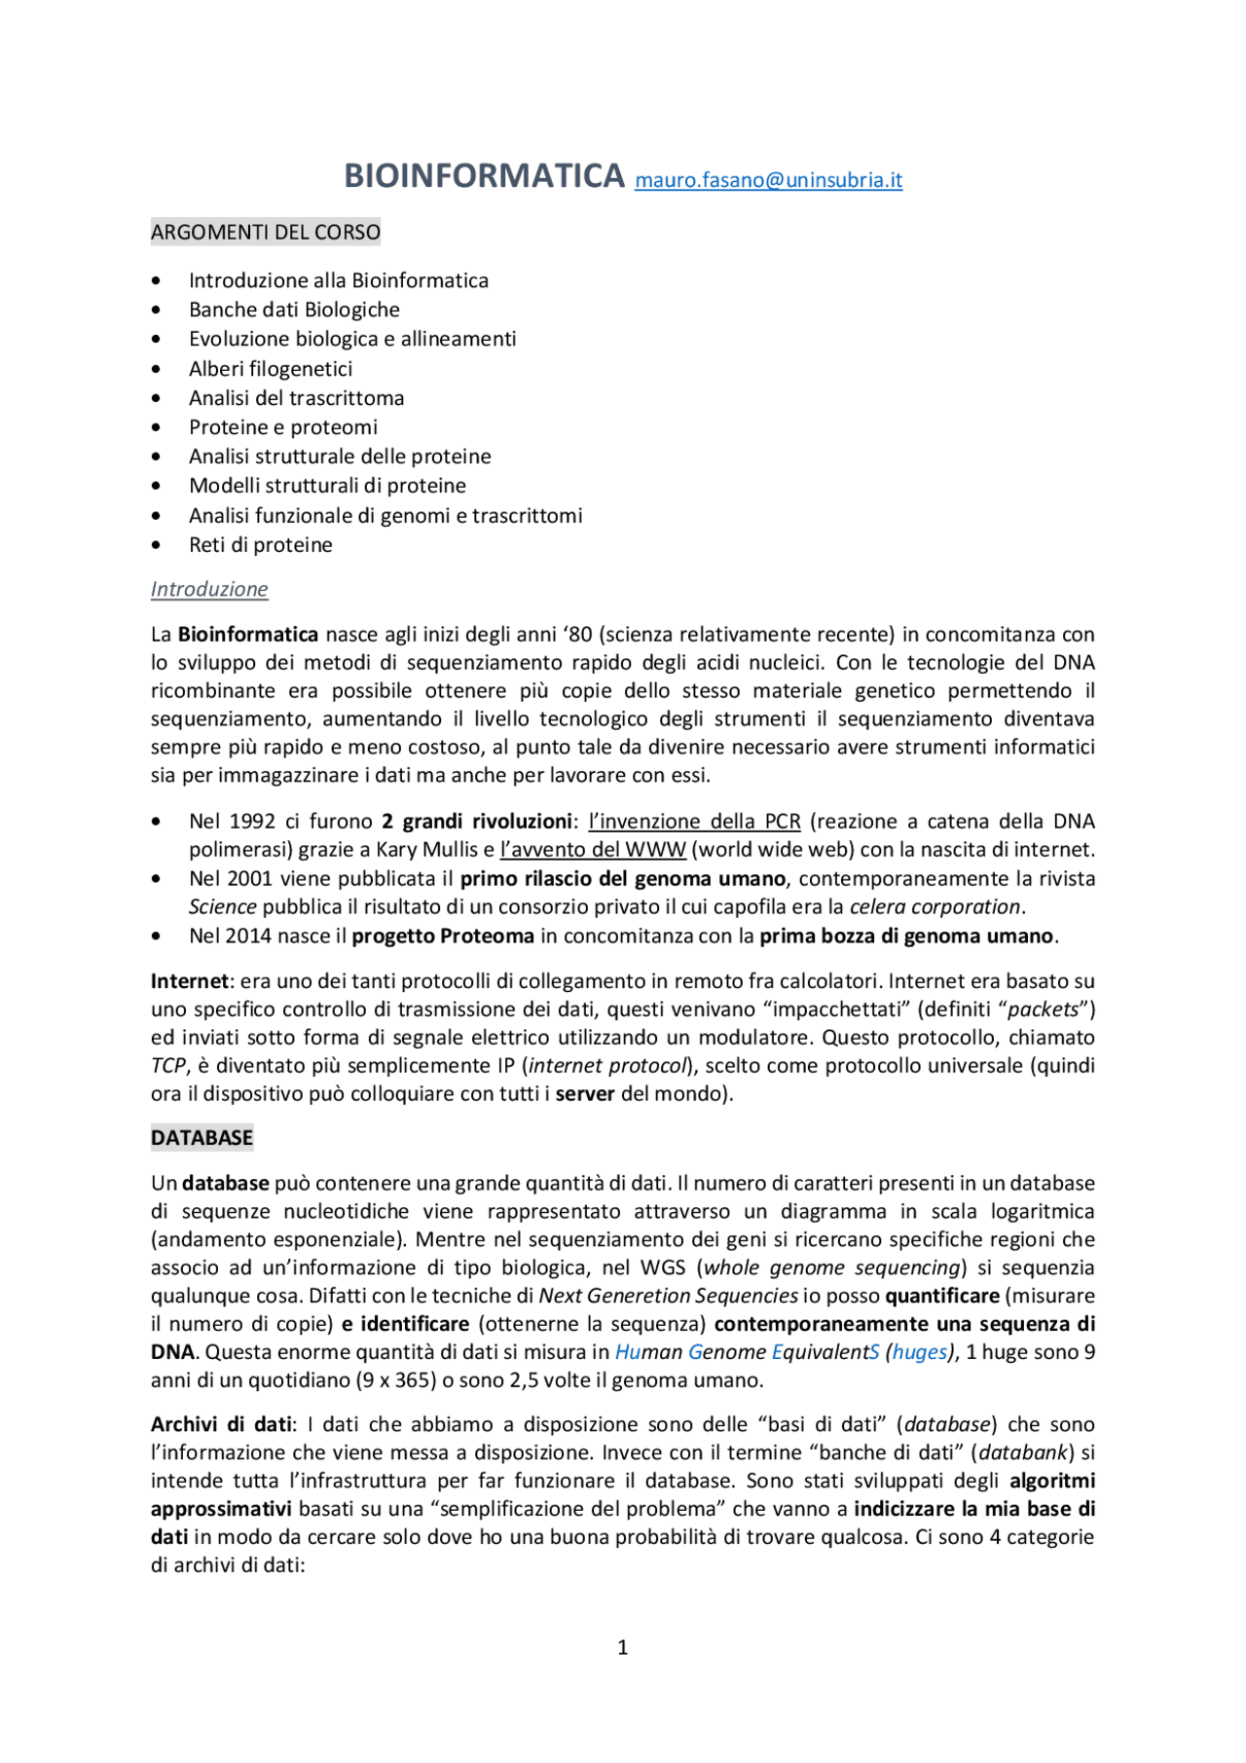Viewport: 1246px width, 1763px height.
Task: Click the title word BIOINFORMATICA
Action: (484, 176)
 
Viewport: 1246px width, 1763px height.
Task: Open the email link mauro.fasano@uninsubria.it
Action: (768, 180)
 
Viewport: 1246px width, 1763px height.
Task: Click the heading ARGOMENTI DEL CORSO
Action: (265, 233)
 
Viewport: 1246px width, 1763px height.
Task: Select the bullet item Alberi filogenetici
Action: (271, 369)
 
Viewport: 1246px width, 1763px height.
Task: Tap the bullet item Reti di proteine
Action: (260, 545)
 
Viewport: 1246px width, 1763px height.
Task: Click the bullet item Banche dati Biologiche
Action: (294, 310)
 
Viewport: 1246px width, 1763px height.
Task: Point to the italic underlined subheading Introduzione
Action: (209, 589)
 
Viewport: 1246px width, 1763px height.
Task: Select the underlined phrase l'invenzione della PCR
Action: (694, 822)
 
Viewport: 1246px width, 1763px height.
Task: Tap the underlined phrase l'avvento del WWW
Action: (593, 850)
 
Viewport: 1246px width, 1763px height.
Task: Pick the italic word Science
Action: (222, 907)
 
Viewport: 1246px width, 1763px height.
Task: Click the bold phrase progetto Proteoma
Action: (443, 937)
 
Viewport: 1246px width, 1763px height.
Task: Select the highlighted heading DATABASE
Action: (202, 1138)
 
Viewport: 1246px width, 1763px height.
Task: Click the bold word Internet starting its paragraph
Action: (189, 981)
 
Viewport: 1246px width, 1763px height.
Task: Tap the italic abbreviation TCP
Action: (167, 1066)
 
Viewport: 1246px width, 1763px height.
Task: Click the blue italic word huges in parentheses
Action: (919, 1352)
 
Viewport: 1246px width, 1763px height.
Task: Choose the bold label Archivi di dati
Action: (221, 1424)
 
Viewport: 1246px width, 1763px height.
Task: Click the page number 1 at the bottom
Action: (623, 1647)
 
